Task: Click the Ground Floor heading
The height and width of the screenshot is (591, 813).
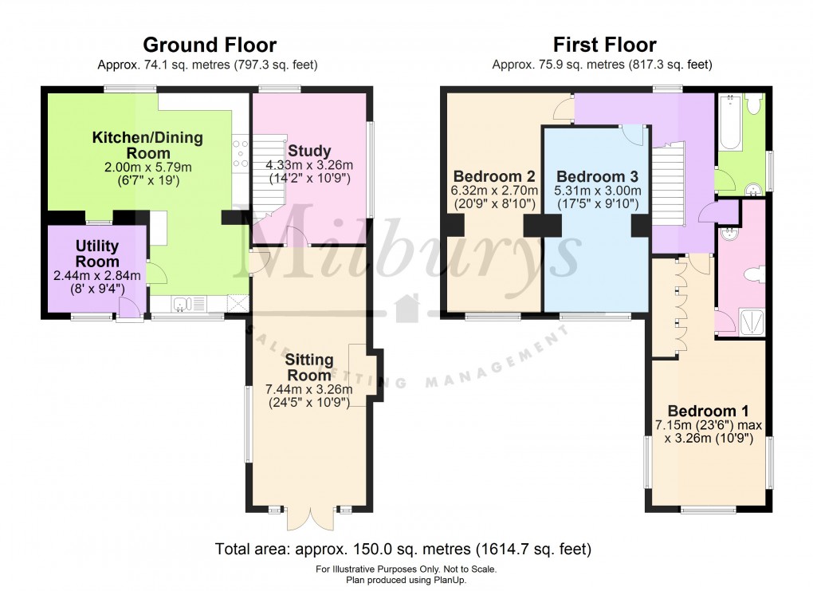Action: [x=210, y=45]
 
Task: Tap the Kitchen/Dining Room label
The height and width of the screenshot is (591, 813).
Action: [x=147, y=145]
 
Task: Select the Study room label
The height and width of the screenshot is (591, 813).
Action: [x=309, y=151]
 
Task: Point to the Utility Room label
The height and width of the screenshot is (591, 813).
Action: [x=97, y=254]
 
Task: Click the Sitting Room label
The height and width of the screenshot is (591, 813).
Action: [x=308, y=368]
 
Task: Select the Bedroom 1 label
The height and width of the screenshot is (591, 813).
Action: [x=708, y=412]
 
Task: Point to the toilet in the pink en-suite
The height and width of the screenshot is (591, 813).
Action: [x=754, y=274]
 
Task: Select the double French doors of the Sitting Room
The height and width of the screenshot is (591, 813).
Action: [x=309, y=518]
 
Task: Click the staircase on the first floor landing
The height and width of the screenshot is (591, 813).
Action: [x=668, y=183]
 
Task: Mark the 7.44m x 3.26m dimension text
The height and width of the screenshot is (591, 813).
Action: [x=308, y=391]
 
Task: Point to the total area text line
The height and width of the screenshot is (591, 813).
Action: [x=403, y=550]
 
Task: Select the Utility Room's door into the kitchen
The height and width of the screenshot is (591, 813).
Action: [x=156, y=274]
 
